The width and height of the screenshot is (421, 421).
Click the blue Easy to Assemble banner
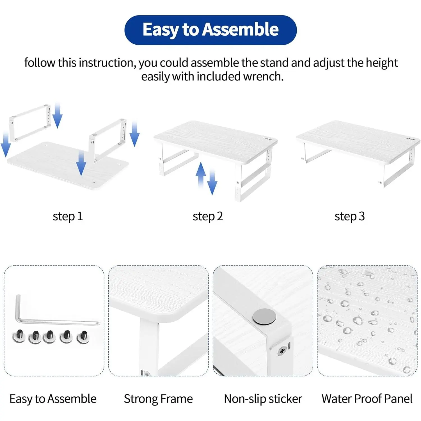210,30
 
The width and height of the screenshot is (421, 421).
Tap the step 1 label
68,217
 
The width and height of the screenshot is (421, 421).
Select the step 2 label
208,217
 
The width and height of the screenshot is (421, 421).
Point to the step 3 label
350,217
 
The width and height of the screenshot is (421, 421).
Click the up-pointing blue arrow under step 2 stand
201,175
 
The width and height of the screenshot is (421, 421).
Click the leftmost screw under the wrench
19,336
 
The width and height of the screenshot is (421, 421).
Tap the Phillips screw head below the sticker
282,351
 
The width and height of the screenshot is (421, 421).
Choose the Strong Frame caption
158,399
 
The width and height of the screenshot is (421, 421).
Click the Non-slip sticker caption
263,399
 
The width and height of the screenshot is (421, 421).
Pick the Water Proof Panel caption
367,399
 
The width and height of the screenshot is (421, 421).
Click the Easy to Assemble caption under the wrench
53,399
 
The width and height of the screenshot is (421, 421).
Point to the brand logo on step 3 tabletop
410,139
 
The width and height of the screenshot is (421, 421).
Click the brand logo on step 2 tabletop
267,139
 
